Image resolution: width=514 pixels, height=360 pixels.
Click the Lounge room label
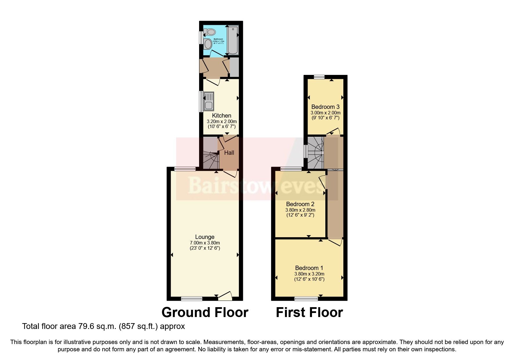coord(205,237)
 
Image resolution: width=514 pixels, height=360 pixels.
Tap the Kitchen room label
coord(221,116)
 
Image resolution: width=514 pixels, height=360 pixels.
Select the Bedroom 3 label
coord(325,107)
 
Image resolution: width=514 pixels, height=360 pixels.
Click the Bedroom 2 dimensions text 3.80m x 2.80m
coord(300,210)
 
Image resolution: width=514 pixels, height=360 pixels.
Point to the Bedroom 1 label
coord(309,268)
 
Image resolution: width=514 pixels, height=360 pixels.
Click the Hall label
coord(229,153)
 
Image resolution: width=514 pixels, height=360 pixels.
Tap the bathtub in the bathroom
coord(233,40)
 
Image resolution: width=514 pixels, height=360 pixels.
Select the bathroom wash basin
coord(208,44)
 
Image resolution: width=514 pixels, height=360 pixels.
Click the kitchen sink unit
coord(208,101)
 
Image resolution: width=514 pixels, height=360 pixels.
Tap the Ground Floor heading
coord(205,312)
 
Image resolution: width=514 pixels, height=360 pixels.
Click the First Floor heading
coord(309,312)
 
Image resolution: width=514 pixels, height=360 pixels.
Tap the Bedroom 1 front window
coord(306,298)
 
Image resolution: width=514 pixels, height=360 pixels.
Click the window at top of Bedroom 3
coord(319,77)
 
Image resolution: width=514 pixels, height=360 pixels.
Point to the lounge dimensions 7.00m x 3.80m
coord(205,243)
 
